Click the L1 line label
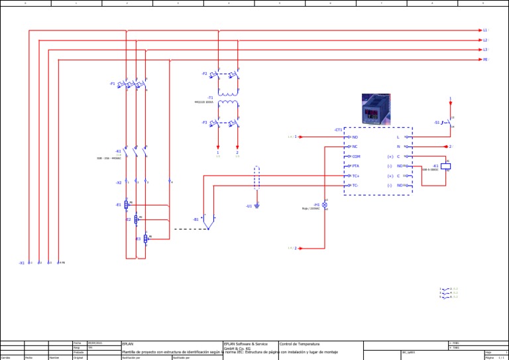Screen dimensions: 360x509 (x=485, y=30)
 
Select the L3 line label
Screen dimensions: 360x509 (x=485, y=50)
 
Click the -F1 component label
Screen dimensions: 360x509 (x=112, y=84)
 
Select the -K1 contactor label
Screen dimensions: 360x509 (x=118, y=151)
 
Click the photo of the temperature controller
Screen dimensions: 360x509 (x=375, y=109)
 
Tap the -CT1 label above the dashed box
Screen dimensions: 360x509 (x=338, y=130)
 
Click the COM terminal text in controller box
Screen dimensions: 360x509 (x=356, y=156)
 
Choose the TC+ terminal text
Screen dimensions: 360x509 (x=356, y=176)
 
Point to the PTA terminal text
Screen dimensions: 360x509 (x=356, y=166)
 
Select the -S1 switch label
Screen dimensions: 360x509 (x=437, y=123)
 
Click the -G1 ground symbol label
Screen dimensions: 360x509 (x=249, y=206)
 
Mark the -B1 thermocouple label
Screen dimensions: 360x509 (x=196, y=219)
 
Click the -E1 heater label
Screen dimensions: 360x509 (x=118, y=205)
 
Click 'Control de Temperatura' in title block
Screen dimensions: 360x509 (x=300, y=344)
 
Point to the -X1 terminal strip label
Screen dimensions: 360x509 (x=22, y=263)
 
